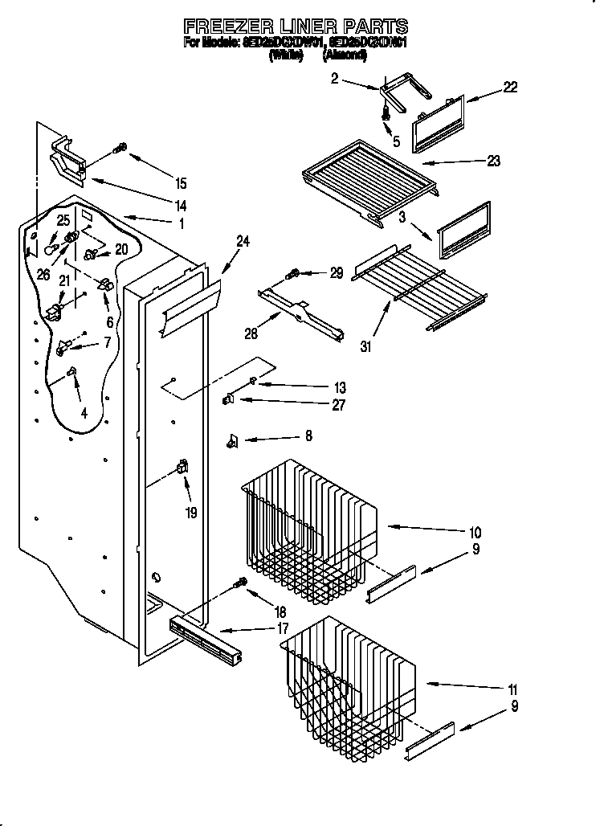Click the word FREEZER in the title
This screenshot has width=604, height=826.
[x=230, y=27]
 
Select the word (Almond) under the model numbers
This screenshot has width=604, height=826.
[x=345, y=55]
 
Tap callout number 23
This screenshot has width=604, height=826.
[x=493, y=161]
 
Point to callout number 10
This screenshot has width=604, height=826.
[x=475, y=532]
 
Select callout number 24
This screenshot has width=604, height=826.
[x=243, y=239]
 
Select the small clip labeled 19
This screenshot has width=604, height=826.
[x=182, y=467]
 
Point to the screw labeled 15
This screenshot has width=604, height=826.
[x=120, y=147]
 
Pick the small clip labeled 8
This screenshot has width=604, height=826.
[x=234, y=439]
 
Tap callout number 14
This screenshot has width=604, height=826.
[x=181, y=205]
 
